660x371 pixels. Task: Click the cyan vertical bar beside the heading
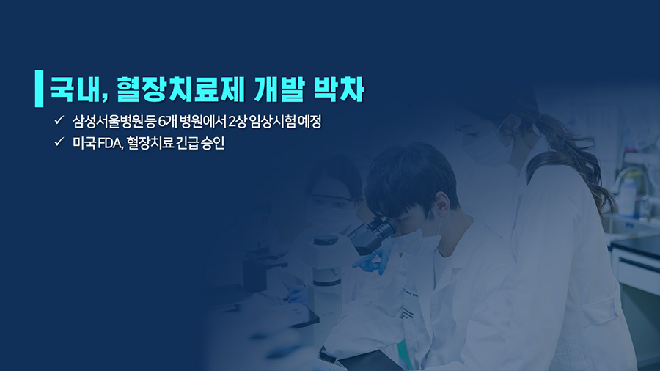click(39, 88)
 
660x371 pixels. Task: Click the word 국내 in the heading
click(77, 89)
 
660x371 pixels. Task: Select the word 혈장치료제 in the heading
click(180, 89)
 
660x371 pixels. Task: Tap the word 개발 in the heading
click(279, 89)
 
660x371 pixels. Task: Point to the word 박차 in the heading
click(339, 89)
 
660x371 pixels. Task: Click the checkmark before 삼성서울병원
click(59, 120)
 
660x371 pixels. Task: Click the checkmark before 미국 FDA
click(59, 142)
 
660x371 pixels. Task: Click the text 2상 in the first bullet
click(237, 122)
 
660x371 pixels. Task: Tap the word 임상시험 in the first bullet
click(272, 122)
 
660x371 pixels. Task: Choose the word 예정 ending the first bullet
click(309, 122)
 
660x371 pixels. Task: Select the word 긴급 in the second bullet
click(187, 143)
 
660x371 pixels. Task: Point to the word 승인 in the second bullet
click(213, 143)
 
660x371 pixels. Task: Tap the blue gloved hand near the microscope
click(370, 260)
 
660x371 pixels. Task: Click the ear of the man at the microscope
click(442, 203)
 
